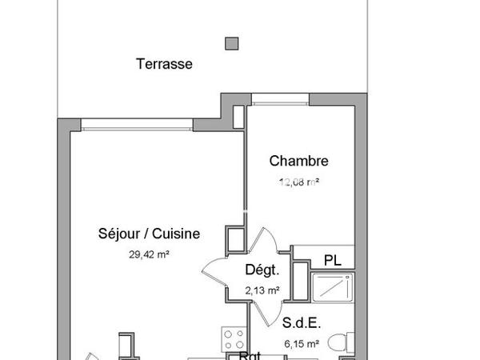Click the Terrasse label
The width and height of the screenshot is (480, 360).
point(164,65)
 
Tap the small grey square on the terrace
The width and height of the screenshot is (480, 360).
point(232,42)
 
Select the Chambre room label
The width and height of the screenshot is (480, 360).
point(298,161)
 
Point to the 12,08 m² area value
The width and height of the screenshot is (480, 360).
point(299,182)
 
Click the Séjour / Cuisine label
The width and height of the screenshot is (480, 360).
point(148,234)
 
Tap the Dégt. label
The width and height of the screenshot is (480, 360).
point(261,270)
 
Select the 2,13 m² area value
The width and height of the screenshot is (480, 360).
point(262,290)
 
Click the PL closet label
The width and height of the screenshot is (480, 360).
point(333,259)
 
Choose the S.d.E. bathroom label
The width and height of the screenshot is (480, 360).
point(302,324)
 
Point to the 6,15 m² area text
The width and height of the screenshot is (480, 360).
point(301,344)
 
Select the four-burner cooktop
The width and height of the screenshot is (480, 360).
point(233,341)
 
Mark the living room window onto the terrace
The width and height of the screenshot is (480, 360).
point(136,124)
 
